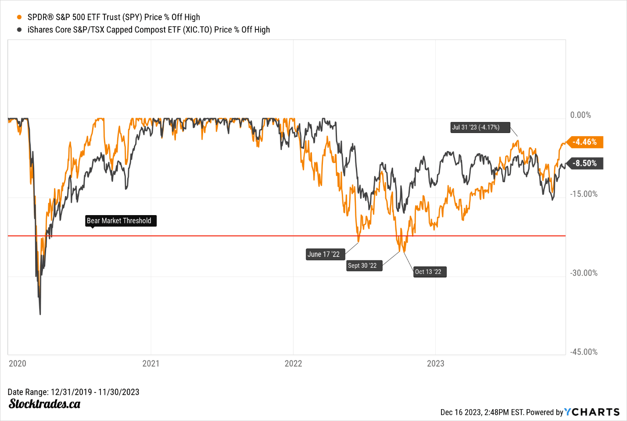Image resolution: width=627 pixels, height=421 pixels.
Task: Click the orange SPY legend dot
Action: [19, 18]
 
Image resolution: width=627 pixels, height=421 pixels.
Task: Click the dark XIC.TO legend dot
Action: [19, 30]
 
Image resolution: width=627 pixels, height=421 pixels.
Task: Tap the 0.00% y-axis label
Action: [580, 115]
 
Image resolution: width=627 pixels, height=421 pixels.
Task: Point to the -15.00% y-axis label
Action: [584, 194]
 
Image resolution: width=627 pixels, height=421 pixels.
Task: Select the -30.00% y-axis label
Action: [584, 273]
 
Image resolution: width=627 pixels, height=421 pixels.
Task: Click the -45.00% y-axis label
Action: [584, 352]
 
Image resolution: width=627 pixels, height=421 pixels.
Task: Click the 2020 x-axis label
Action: [18, 363]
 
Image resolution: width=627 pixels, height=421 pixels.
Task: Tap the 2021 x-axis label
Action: [151, 363]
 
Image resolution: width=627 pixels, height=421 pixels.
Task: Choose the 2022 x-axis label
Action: [293, 363]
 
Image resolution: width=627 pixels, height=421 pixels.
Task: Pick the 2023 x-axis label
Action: [435, 363]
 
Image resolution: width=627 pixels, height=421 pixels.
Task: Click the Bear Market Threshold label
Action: [119, 221]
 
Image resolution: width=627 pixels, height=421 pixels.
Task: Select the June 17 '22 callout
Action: [323, 255]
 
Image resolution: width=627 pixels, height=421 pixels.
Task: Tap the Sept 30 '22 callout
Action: [362, 266]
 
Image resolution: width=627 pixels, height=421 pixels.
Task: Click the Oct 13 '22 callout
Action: [428, 272]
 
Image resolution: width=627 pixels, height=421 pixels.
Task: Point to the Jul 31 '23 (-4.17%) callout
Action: [476, 127]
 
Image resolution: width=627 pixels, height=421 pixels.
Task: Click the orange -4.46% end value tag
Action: [585, 142]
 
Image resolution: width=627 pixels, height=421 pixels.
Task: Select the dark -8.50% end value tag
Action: [585, 163]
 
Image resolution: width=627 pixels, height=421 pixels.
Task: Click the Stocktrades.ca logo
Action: [44, 404]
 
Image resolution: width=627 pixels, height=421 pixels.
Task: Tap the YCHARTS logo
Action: [592, 412]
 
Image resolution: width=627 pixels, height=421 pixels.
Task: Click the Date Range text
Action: [73, 392]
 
